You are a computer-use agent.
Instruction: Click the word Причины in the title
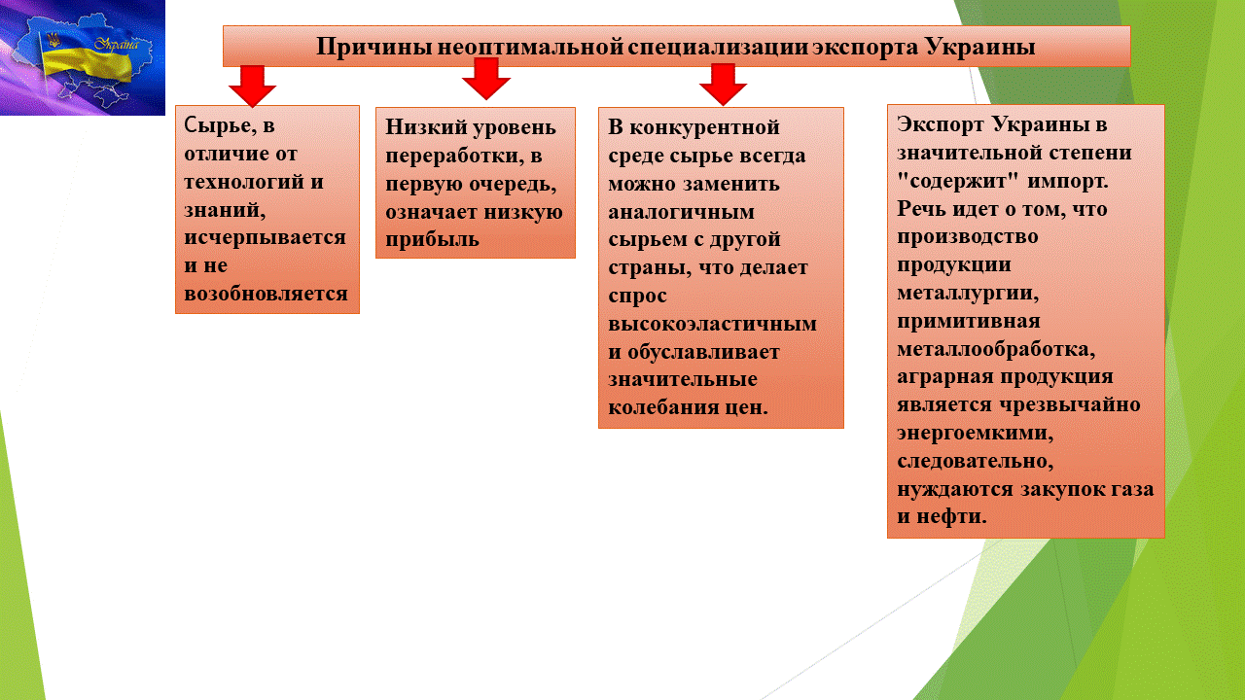click(x=374, y=47)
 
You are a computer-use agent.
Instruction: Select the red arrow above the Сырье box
click(x=252, y=86)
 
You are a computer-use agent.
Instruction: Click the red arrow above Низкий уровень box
click(x=486, y=79)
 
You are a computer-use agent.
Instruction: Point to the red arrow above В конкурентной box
click(x=723, y=85)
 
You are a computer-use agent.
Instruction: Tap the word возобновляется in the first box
click(x=266, y=294)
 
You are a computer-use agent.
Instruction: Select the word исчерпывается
click(x=266, y=238)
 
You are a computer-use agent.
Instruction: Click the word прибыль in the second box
click(x=432, y=240)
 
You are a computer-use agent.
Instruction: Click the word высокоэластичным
click(x=713, y=324)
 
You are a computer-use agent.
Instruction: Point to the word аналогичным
click(x=682, y=212)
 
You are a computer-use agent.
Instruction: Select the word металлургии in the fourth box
click(x=968, y=294)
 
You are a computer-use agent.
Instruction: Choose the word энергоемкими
click(x=975, y=433)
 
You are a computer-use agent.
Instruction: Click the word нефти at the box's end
click(x=951, y=516)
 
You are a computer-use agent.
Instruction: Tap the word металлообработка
click(x=996, y=349)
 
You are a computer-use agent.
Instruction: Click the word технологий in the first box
click(x=243, y=182)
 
